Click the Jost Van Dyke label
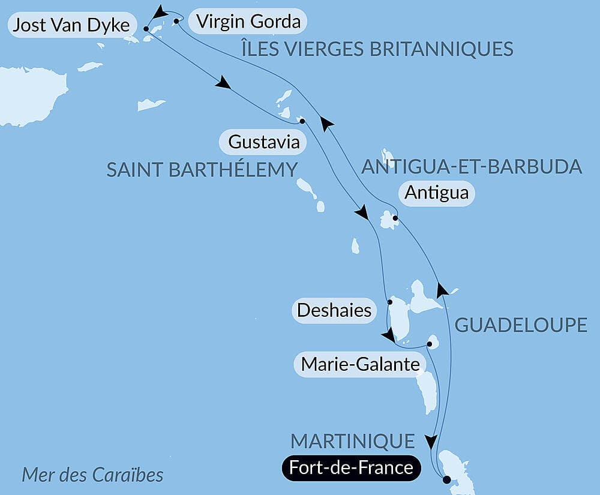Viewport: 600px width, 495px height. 70,26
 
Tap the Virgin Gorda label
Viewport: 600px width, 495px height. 248,22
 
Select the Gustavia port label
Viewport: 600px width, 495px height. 263,143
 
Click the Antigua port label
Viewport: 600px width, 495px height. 436,193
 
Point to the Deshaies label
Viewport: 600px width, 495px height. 334,311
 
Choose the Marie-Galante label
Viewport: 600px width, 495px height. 359,364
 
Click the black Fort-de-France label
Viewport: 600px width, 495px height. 351,467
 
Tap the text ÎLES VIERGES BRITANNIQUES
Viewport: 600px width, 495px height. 377,49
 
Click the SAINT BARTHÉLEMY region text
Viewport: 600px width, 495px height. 202,169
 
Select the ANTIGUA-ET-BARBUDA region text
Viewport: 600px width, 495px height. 472,166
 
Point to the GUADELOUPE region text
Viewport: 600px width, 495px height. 521,325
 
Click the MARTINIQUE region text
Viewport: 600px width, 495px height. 353,441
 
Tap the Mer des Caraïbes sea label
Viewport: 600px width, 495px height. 92,475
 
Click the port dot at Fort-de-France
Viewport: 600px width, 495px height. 446,479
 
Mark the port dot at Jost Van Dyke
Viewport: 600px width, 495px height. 146,28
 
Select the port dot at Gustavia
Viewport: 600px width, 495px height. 302,121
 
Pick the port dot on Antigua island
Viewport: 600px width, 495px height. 394,218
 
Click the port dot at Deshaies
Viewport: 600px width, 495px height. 389,302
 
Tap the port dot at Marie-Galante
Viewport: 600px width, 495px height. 430,344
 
